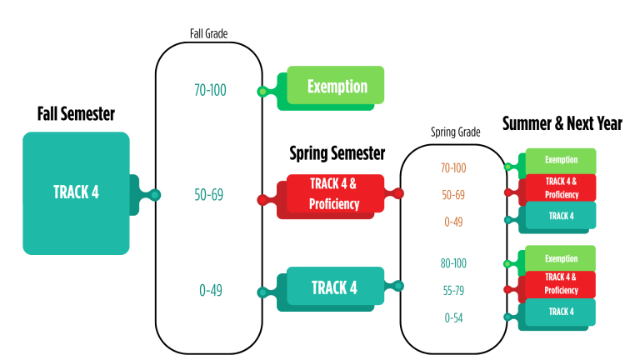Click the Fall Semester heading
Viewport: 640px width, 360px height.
tap(76, 113)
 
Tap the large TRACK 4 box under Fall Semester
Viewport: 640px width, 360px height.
tap(76, 192)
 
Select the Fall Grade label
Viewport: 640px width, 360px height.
tap(208, 34)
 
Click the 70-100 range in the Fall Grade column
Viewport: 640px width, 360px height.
tap(210, 90)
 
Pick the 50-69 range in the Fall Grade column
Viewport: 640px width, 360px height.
tap(210, 195)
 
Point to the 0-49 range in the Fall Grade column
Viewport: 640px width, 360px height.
tap(210, 291)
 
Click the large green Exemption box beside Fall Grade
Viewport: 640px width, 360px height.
tap(337, 86)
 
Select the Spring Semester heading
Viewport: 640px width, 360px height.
tap(337, 152)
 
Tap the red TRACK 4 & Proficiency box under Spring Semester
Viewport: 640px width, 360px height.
tap(334, 194)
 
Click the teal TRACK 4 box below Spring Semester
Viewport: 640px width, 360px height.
tap(334, 287)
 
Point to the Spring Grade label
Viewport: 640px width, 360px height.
tap(455, 132)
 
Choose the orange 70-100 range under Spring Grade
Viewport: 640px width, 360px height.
tap(453, 168)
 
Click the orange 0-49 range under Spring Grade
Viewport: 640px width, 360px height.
tap(453, 222)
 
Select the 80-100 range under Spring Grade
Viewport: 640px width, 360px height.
tap(453, 263)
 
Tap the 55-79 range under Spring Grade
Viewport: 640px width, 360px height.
tap(453, 290)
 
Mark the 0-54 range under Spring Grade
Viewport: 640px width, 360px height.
tap(453, 317)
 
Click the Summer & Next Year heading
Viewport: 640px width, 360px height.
tap(562, 124)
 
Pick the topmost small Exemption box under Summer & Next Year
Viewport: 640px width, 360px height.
tap(561, 160)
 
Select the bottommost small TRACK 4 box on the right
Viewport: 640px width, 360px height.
tap(561, 312)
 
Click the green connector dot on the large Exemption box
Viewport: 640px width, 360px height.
tap(262, 92)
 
